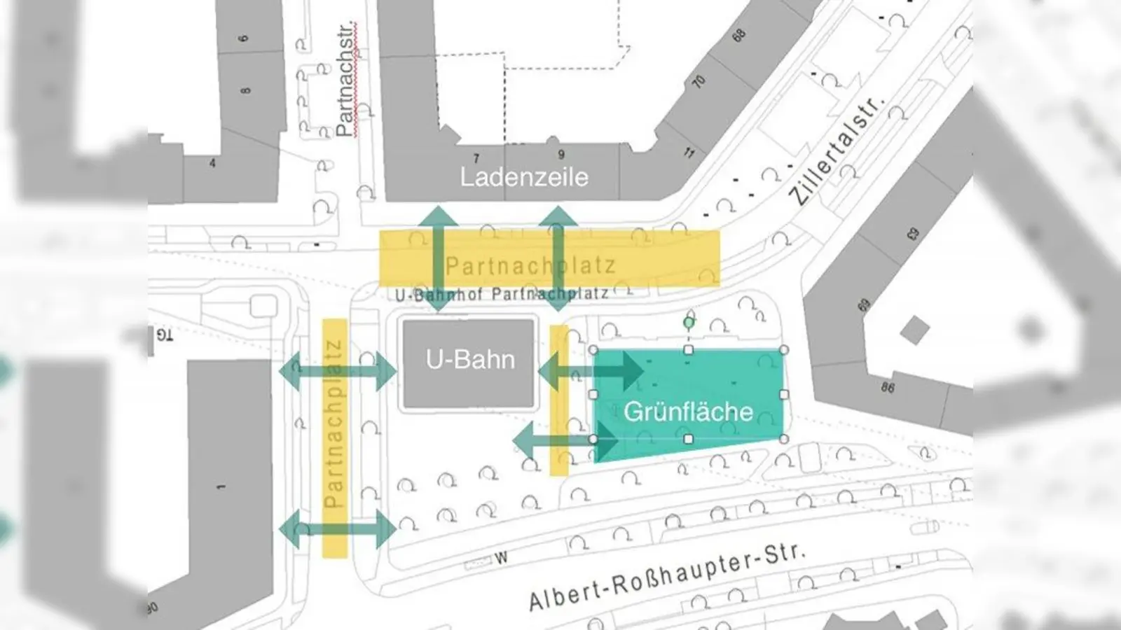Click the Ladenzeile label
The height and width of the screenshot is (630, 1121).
523,177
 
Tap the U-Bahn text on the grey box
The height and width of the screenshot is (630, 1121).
470,360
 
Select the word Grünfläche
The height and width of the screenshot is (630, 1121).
688,412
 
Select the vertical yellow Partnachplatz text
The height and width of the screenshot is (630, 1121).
334,423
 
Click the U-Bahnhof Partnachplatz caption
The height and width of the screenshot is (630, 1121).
502,294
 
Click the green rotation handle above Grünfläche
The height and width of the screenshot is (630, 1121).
689,323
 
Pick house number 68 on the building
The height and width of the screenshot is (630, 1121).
738,35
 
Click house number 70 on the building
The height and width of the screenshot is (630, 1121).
699,82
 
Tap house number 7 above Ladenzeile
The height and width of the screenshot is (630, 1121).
476,159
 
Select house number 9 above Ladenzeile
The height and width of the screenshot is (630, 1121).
560,155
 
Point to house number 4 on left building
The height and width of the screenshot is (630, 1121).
212,164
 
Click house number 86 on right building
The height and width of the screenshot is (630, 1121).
888,387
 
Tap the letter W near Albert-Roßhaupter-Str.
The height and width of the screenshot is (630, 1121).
501,558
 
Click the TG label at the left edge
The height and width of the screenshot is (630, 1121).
164,335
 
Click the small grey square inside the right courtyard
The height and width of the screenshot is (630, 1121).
914,330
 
